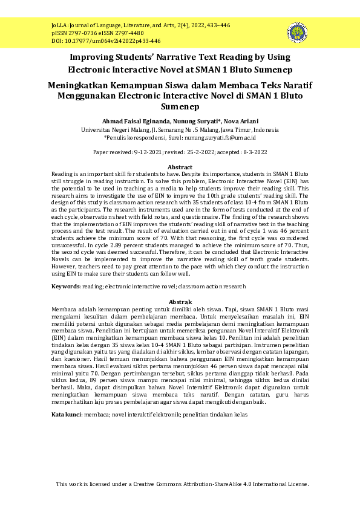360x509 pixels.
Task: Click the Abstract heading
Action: [x=180, y=167]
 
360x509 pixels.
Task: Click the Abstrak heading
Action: [x=180, y=302]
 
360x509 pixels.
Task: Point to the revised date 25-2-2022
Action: [x=201, y=152]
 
